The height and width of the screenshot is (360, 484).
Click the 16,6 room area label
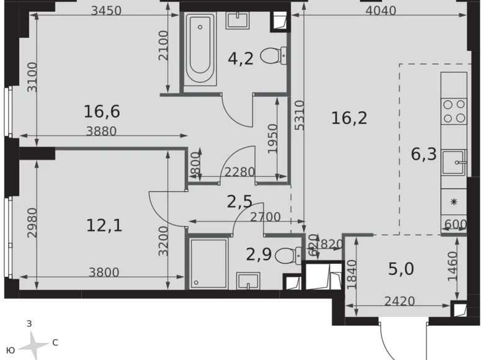click(x=102, y=112)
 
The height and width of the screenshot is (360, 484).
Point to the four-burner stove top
click(x=454, y=110)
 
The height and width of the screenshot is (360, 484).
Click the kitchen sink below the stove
click(x=454, y=163)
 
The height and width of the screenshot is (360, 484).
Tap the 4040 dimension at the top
click(x=380, y=11)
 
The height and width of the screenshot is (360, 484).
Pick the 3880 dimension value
click(x=102, y=131)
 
